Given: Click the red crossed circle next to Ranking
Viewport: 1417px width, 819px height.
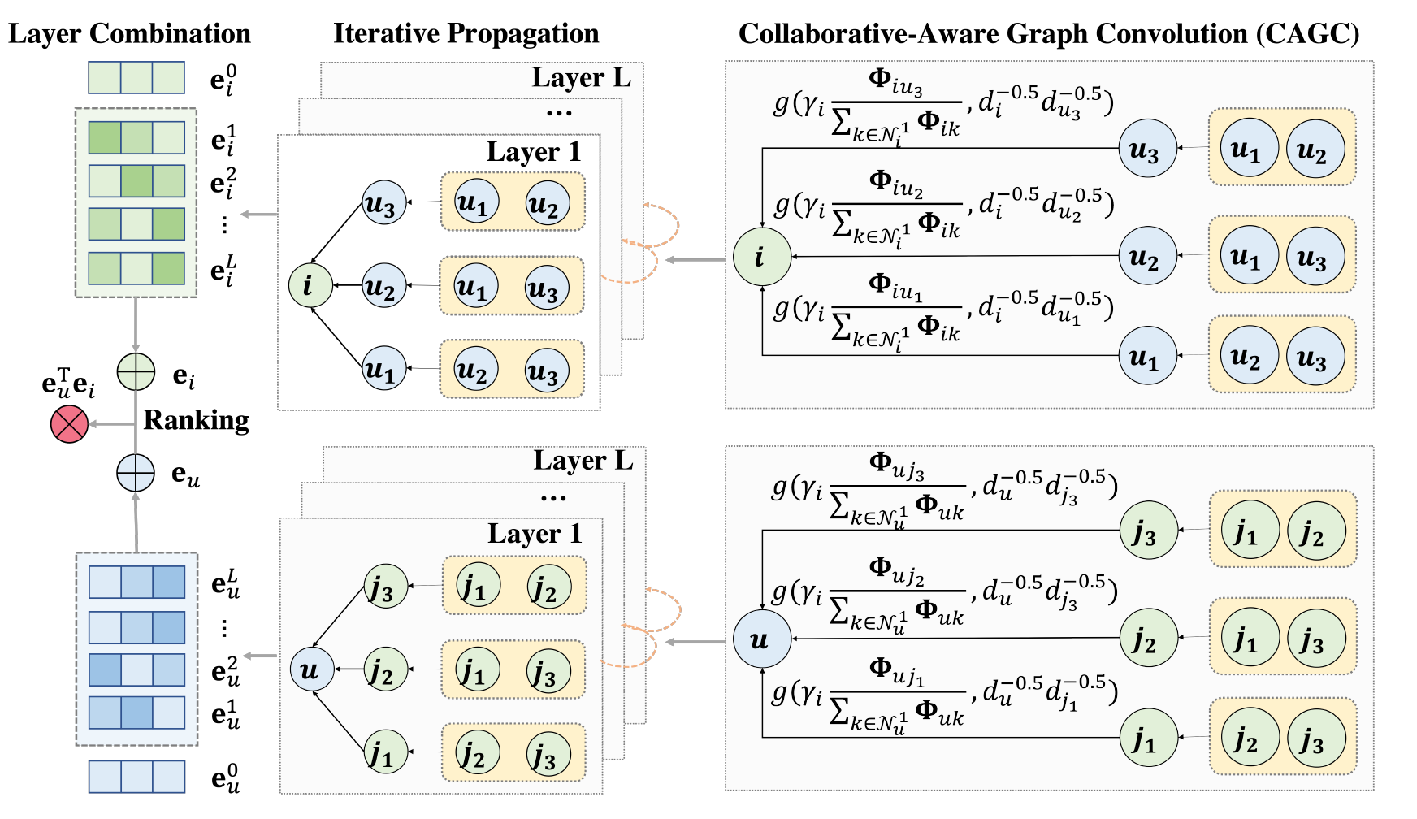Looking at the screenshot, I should pos(69,424).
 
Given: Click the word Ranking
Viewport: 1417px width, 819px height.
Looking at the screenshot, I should pos(196,420).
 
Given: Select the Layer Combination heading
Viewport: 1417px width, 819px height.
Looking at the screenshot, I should pos(129,34).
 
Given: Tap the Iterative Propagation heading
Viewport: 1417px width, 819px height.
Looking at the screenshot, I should pos(466,34).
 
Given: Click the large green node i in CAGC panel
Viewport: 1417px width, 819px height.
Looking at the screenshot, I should pos(761,257).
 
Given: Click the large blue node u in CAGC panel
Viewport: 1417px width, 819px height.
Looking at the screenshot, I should pos(761,639).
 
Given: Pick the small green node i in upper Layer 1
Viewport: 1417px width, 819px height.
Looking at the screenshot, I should pos(310,285).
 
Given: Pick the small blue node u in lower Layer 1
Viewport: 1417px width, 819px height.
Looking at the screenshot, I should pos(312,669).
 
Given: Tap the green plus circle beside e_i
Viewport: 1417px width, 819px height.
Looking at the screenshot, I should pos(136,373).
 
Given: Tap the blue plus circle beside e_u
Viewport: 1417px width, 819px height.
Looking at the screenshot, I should pos(135,472).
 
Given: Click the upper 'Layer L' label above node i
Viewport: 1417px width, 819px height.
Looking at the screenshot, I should pos(581,78).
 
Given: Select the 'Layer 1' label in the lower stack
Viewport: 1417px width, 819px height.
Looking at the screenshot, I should pos(535,534).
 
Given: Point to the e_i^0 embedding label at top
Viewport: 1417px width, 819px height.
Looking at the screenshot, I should pos(223,80).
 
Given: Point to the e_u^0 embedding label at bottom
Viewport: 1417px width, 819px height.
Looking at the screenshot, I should pos(225,778).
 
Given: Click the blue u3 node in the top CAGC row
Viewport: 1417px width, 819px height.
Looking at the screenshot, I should pos(1147,149).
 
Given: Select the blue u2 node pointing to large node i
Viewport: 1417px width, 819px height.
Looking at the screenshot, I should pos(1147,257).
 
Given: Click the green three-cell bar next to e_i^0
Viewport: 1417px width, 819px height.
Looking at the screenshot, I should pos(136,78).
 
